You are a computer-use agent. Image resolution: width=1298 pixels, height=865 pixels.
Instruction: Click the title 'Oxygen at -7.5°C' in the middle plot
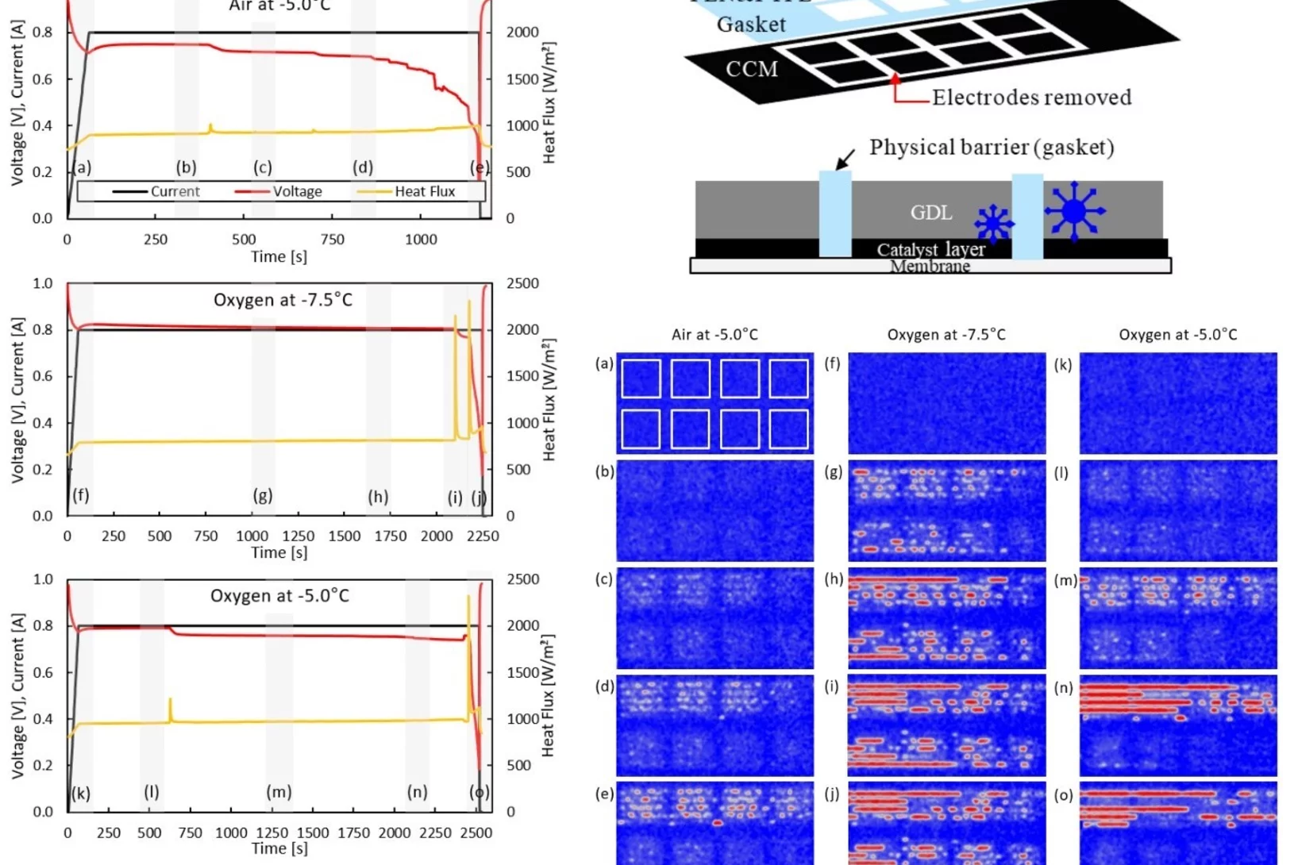(x=283, y=300)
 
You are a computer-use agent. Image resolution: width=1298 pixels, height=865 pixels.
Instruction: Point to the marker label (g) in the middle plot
(x=263, y=496)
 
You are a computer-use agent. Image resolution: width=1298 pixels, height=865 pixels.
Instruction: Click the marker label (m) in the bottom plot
(x=279, y=792)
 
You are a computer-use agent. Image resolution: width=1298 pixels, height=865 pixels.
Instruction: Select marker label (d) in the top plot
(x=363, y=167)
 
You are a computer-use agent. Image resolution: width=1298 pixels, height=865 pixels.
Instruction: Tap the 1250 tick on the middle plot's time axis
(x=299, y=536)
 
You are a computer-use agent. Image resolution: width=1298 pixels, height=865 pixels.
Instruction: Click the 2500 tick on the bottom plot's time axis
(x=476, y=832)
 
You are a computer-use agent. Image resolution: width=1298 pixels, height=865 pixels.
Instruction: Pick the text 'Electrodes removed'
(x=1031, y=98)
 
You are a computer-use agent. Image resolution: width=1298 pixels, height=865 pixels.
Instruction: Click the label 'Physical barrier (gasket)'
(x=992, y=148)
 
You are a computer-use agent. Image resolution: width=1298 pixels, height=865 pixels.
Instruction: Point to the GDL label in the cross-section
(x=930, y=213)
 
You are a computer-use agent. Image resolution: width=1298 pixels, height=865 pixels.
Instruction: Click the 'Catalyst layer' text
(x=930, y=249)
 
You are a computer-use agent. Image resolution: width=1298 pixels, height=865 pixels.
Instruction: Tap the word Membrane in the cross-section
(x=930, y=266)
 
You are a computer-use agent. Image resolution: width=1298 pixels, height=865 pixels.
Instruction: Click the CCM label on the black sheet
(x=751, y=69)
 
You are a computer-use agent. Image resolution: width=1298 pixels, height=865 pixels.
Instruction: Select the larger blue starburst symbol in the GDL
(x=1074, y=211)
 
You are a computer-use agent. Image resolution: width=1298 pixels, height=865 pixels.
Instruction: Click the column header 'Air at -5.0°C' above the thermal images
(x=714, y=335)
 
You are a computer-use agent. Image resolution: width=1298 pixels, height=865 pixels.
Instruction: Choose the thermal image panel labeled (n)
(x=1178, y=725)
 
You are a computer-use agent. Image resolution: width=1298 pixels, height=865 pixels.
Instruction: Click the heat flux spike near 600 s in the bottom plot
(x=170, y=705)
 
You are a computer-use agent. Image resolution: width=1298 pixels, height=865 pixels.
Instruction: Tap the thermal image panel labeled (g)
(x=946, y=510)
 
